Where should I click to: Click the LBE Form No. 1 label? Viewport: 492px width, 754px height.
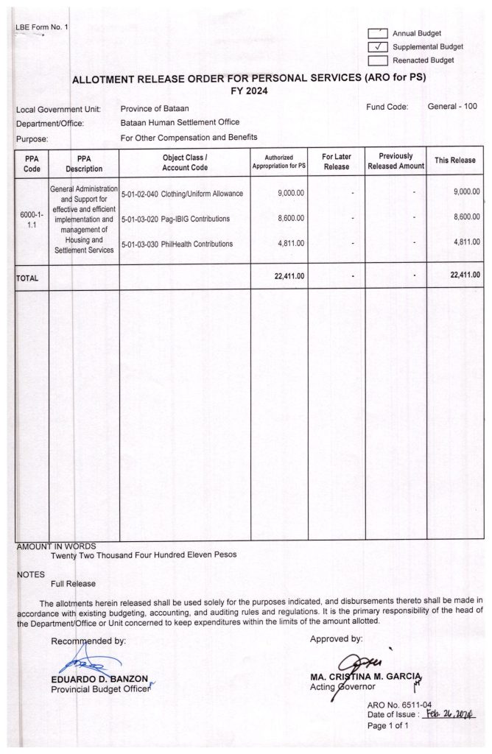pyautogui.click(x=41, y=27)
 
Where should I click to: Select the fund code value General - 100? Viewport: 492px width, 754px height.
pyautogui.click(x=452, y=107)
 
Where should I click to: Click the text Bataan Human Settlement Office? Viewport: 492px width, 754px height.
pyautogui.click(x=180, y=122)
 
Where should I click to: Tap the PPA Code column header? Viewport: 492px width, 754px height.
pyautogui.click(x=32, y=162)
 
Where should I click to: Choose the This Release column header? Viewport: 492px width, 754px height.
pyautogui.click(x=454, y=161)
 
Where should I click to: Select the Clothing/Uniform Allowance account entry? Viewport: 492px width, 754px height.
pyautogui.click(x=182, y=193)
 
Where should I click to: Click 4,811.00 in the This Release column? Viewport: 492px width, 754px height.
pyautogui.click(x=464, y=243)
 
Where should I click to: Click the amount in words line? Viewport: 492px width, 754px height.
pyautogui.click(x=144, y=554)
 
